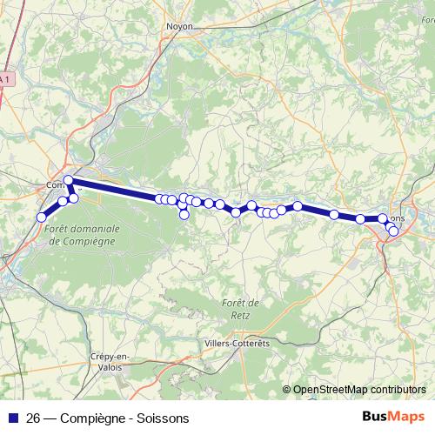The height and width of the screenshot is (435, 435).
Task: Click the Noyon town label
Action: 178,26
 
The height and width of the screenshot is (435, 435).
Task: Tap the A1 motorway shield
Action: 4,79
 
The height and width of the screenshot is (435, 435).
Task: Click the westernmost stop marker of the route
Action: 41,217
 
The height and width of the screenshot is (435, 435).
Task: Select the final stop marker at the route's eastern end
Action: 393,231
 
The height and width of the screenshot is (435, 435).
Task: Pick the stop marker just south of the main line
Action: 184,214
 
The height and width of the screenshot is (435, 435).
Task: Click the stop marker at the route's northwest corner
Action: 68,180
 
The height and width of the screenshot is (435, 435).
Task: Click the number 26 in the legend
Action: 34,418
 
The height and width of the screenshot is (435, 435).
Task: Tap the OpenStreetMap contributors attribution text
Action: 360,389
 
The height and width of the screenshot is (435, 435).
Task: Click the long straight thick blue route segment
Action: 113,189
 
